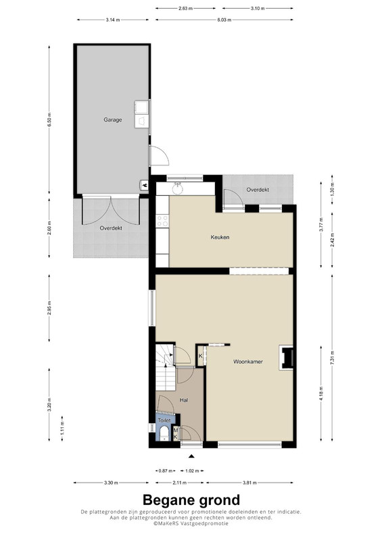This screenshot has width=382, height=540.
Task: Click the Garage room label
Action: coord(113,120)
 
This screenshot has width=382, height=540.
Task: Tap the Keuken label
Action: coord(220,237)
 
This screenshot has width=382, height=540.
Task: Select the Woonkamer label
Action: coord(248,362)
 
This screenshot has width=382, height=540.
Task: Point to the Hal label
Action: coord(184,400)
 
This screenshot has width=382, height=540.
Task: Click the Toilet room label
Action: coord(164,421)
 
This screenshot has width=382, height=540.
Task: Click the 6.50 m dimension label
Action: coord(49,119)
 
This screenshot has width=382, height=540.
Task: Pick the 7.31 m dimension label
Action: coord(333,358)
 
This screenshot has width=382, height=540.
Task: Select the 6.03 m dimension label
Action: coord(224,20)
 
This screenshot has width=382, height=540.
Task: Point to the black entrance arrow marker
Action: coord(191,456)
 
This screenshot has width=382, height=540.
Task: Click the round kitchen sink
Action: coord(178,189)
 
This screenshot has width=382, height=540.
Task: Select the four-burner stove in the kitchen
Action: coord(162,221)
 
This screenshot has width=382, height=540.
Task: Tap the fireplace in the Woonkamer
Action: coord(287,358)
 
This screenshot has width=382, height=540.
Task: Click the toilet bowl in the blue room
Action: coord(164,434)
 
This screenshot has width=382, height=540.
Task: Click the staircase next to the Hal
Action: coord(166,367)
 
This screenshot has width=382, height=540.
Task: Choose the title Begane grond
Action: coord(191,500)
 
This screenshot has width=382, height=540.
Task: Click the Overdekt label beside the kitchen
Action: coord(258,190)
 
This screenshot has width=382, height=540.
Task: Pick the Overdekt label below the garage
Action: coord(111,228)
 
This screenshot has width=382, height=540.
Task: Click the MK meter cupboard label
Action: coord(176,433)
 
